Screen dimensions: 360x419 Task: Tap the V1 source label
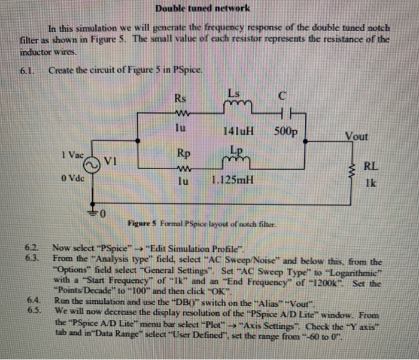[113, 160]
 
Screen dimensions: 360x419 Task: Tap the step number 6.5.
[32, 310]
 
